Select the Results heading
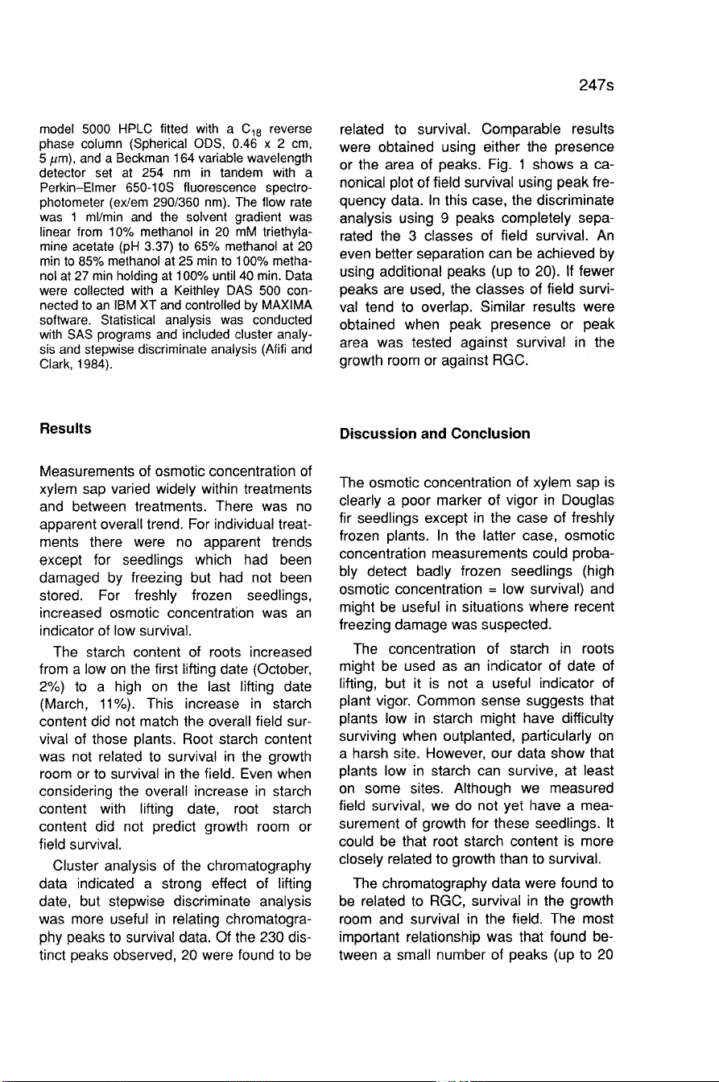click(60, 430)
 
